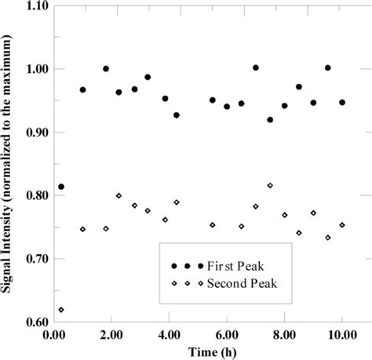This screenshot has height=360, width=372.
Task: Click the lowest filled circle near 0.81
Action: click(x=61, y=187)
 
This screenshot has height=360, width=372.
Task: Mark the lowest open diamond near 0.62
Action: click(x=61, y=310)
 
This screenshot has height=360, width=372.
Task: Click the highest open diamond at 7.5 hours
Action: click(x=270, y=186)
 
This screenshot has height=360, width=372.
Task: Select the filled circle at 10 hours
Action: click(x=342, y=102)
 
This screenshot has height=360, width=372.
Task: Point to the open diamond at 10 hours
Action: click(x=342, y=225)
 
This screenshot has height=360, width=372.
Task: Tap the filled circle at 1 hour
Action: click(x=82, y=90)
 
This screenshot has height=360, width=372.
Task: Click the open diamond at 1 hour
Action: click(x=82, y=229)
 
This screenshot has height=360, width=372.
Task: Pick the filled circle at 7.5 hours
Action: click(x=270, y=120)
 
